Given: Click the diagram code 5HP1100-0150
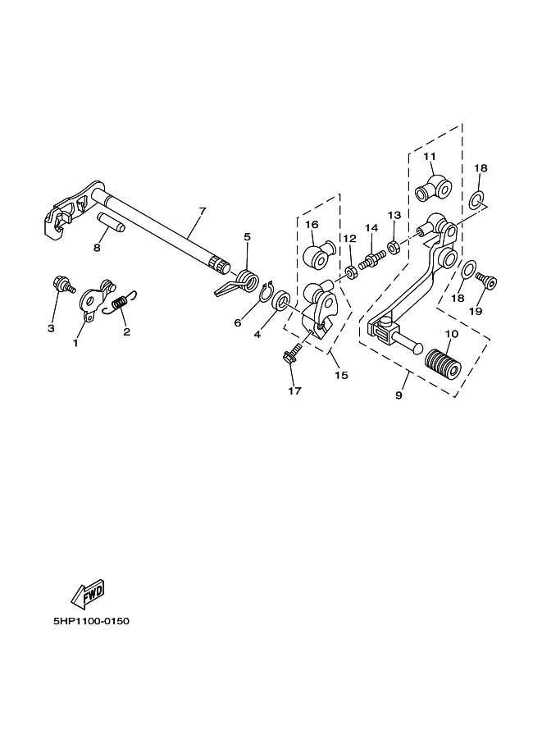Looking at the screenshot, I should pos(91,621).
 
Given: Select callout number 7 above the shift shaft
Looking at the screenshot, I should pos(203,212).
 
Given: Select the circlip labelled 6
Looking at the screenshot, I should pos(266,293).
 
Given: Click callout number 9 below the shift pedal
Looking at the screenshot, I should pos(399,395).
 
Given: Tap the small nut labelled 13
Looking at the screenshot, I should pos(394,246).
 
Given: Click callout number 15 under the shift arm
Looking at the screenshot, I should pos(340,375).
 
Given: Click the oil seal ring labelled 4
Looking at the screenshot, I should pos(280,301).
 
